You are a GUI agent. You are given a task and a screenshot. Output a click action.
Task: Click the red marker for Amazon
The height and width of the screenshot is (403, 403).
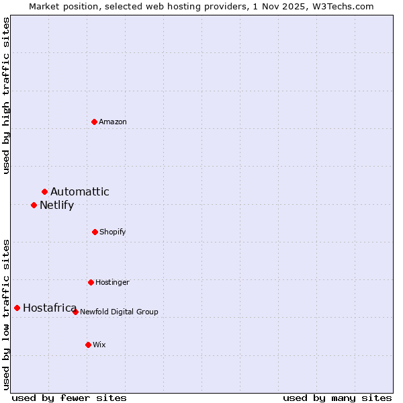[x=95, y=122]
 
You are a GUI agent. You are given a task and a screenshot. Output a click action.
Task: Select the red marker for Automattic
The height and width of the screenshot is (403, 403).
[x=45, y=192]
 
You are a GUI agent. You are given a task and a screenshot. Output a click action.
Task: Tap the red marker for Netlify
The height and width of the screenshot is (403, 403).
[x=34, y=205]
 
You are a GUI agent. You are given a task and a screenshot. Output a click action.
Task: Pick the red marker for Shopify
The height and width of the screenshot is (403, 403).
[x=95, y=232]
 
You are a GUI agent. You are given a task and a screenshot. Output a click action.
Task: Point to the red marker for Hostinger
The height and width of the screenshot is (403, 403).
[x=91, y=282]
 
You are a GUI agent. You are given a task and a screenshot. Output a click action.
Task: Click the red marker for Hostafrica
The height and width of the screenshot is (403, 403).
[x=17, y=308]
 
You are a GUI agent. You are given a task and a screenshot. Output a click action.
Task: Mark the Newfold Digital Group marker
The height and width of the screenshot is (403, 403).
[x=76, y=312]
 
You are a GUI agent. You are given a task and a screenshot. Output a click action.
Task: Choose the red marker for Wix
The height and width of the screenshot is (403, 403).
[x=88, y=345]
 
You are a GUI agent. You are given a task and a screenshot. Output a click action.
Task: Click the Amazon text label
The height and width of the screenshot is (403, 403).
[x=113, y=122]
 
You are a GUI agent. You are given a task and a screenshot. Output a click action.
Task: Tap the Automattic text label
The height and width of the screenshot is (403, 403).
[x=80, y=192]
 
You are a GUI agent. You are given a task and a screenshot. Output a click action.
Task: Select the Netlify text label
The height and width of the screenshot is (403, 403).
[x=56, y=205]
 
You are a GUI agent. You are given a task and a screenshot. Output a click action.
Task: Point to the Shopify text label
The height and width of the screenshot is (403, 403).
[x=113, y=232]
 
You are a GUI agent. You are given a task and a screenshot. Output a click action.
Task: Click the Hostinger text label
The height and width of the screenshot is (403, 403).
[x=112, y=282]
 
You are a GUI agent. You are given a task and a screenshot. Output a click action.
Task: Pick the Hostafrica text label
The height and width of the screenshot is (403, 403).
[x=50, y=308]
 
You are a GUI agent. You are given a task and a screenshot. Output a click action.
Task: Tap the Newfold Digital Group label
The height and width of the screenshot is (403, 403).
[x=119, y=312]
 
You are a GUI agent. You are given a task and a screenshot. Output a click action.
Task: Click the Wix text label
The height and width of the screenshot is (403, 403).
[x=99, y=345]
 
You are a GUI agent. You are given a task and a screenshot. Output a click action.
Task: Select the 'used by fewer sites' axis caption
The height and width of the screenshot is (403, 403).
[x=69, y=398]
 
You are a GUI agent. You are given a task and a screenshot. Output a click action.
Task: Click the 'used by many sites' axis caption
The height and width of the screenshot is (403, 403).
[x=337, y=398]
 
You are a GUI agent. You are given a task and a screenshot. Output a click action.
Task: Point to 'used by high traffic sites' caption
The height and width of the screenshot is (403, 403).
[x=6, y=95]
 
